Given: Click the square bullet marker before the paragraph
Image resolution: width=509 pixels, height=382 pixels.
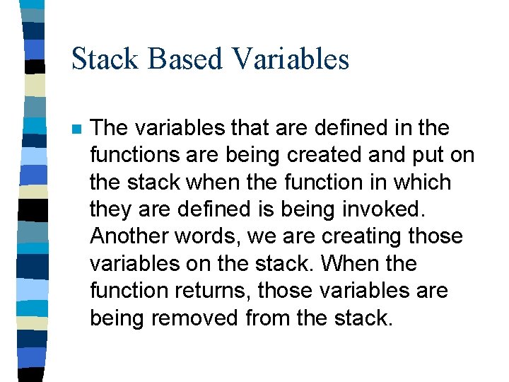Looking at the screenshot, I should (x=76, y=129).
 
